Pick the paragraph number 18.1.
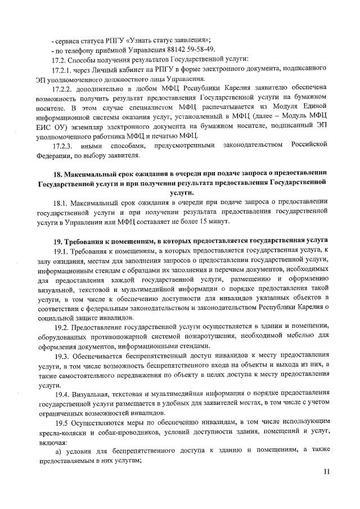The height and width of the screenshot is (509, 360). point(59,202)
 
